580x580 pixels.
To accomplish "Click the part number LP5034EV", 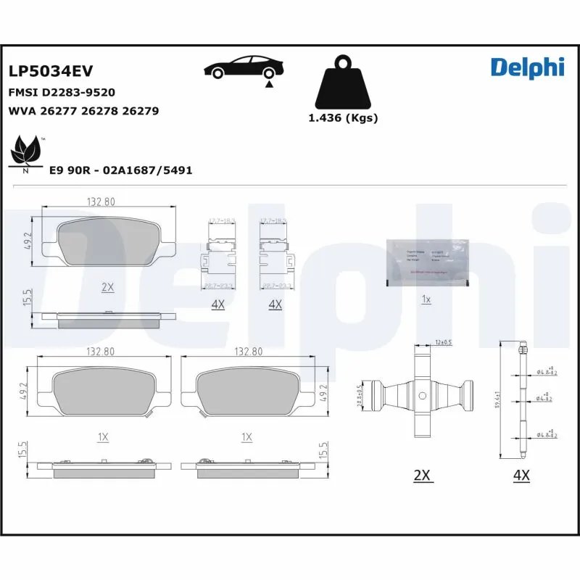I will tap(51, 71).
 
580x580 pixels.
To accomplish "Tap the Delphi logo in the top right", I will tap(527, 67).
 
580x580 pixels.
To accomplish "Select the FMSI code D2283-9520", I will tap(62, 93).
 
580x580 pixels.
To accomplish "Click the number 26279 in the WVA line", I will tap(141, 111).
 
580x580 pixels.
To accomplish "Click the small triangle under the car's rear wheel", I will tap(269, 85).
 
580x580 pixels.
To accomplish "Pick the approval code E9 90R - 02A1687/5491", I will tap(120, 170).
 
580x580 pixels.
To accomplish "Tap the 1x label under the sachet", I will tap(427, 299).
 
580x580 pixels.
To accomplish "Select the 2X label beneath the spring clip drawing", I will tap(422, 475).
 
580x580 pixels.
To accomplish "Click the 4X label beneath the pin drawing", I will tap(521, 475).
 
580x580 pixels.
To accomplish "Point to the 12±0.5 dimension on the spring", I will tap(442, 342).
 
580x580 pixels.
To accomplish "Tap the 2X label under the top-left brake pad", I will tap(108, 286).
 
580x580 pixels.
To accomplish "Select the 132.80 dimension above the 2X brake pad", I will tap(100, 202).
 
